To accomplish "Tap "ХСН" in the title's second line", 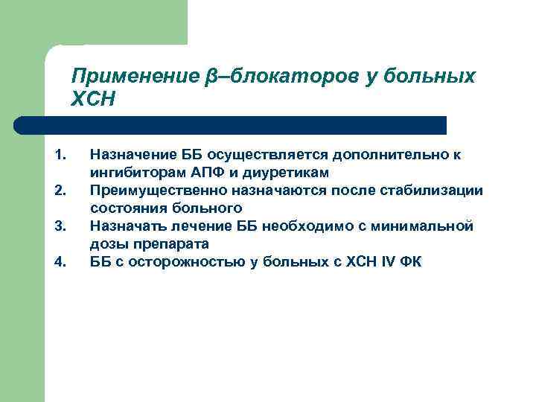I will click(93, 99).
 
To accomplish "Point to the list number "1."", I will click(61, 155).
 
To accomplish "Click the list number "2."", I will click(61, 191).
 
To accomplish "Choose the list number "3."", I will click(61, 226).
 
